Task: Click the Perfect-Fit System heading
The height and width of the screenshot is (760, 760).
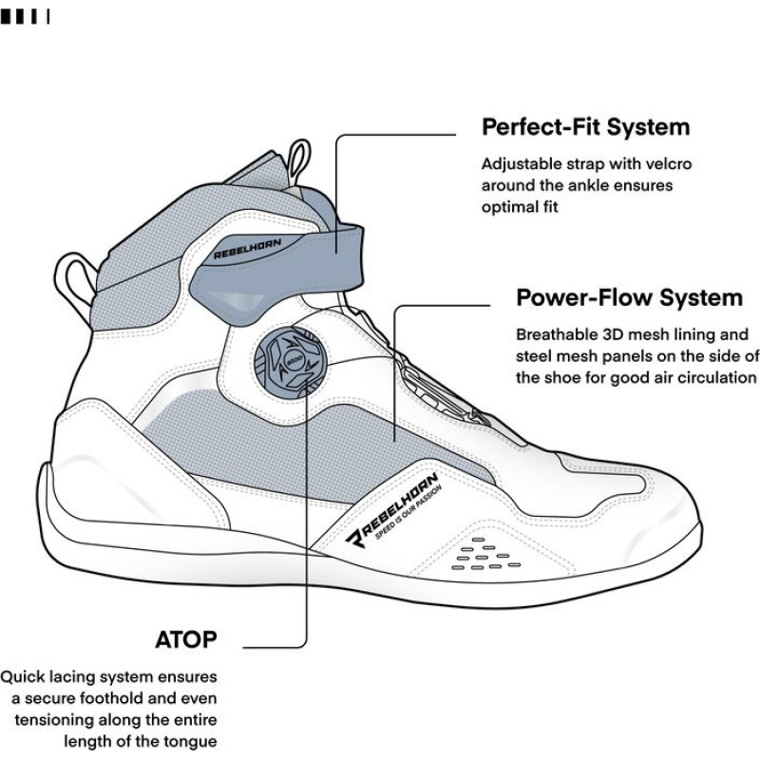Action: (585, 126)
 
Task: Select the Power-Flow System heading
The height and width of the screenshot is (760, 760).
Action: (629, 297)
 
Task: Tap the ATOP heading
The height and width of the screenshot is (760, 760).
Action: (186, 638)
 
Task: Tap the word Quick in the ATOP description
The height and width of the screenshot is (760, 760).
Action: (23, 677)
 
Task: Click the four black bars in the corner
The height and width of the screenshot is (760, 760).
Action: (25, 16)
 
